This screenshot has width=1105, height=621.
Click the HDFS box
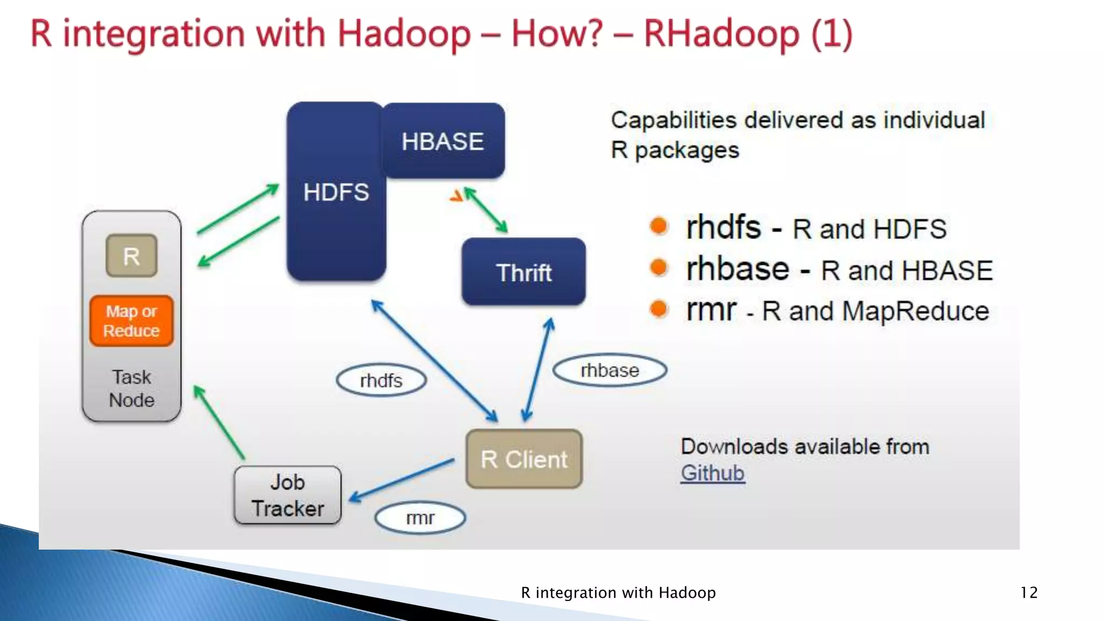[x=336, y=192]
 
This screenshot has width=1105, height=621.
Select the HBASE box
[x=443, y=141]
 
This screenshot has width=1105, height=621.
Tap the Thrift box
[x=523, y=272]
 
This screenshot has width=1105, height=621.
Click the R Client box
[x=524, y=459]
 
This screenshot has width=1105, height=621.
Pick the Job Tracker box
[x=288, y=495]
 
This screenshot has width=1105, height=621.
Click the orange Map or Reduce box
[x=131, y=321]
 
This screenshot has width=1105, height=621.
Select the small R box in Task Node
[x=131, y=256]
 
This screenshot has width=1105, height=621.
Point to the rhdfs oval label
[x=381, y=381]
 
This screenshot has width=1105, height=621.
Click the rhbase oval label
[x=610, y=370]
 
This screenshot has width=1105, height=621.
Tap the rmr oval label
[x=420, y=518]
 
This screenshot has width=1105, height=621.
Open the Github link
[x=712, y=473]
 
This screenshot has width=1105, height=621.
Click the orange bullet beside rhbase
[x=659, y=267]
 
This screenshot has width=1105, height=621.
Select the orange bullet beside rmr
[x=659, y=309]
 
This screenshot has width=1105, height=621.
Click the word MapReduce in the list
[x=915, y=311]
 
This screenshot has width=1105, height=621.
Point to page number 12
[x=1028, y=592]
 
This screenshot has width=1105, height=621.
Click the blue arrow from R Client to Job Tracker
[x=402, y=479]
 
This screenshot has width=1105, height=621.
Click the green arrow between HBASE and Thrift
[x=486, y=210]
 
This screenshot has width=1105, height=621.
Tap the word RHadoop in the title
[x=721, y=33]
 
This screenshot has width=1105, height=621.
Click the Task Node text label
[x=131, y=389]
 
